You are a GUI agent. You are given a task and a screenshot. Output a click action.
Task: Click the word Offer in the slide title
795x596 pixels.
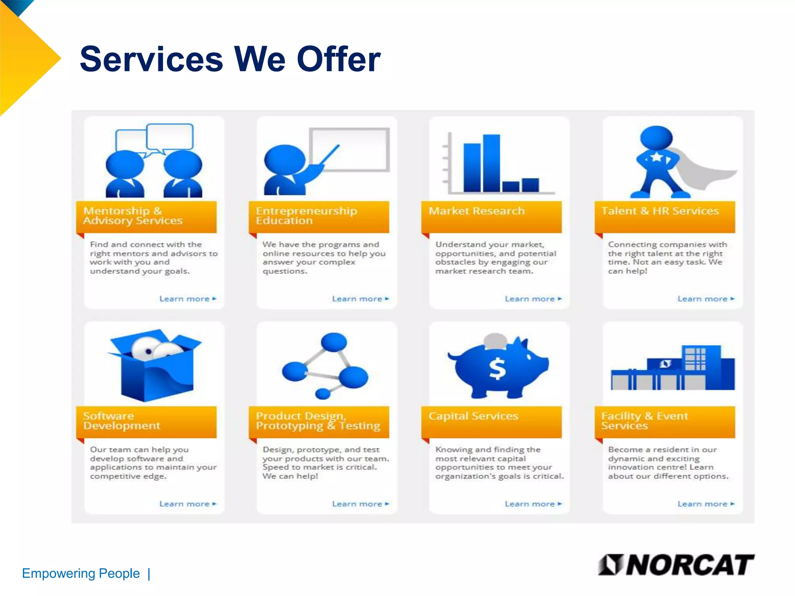point(338,59)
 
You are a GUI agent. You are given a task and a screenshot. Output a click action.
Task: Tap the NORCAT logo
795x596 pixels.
point(676,565)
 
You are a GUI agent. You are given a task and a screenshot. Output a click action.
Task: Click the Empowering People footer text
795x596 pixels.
point(81,573)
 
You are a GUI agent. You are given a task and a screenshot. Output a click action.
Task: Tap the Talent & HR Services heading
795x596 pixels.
point(660,211)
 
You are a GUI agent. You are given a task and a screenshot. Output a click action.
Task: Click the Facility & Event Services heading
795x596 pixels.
point(644,421)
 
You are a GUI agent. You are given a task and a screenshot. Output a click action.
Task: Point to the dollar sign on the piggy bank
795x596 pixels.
point(497,369)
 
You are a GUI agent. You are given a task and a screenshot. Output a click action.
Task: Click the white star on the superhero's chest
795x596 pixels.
point(656,157)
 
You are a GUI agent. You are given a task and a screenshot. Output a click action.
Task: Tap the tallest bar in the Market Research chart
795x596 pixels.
point(491,163)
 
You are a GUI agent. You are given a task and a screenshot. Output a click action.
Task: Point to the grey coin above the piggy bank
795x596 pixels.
point(495,340)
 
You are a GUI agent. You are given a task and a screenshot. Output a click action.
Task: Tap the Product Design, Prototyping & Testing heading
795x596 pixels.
point(318,421)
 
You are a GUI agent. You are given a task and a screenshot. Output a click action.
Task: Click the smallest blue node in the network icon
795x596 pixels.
point(323,394)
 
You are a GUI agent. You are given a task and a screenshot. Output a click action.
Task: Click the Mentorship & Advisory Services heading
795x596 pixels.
point(133,216)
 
